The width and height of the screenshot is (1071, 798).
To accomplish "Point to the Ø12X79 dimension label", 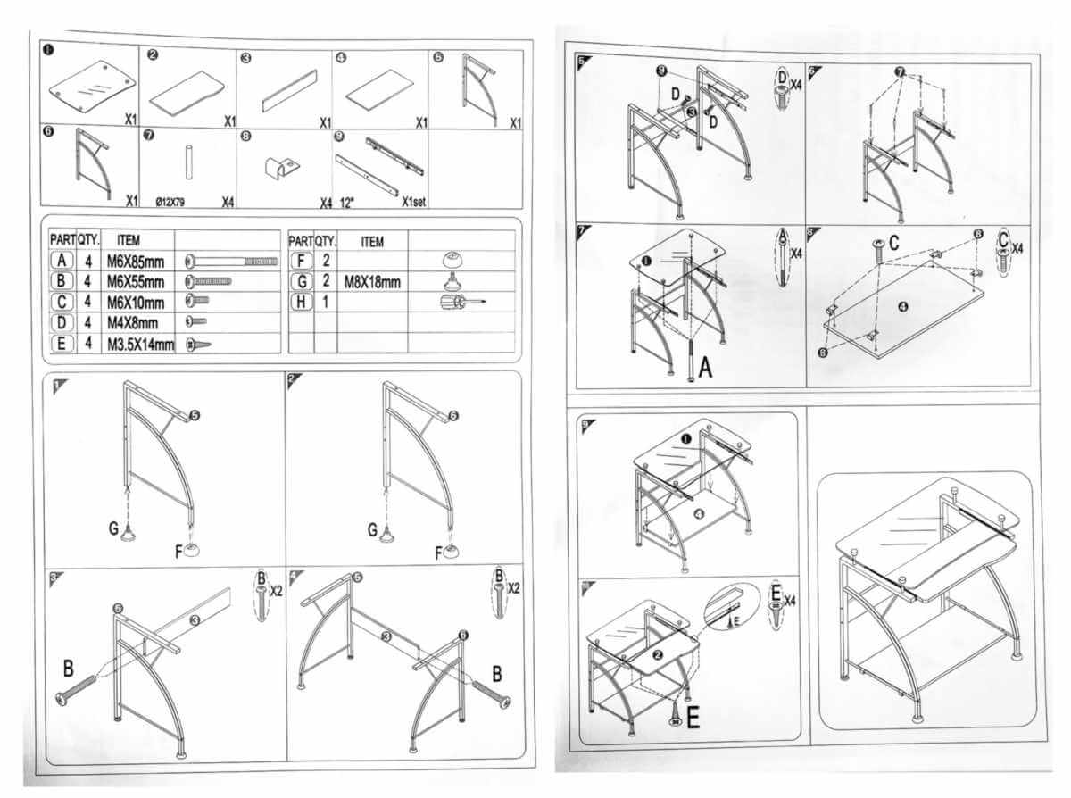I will (171, 202).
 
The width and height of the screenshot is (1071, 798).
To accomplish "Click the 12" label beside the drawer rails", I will (347, 201).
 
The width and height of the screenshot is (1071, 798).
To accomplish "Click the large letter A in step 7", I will (705, 369).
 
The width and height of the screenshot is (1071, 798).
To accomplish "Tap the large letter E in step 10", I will (692, 717).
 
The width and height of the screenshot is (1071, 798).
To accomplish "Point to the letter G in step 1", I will (114, 529).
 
